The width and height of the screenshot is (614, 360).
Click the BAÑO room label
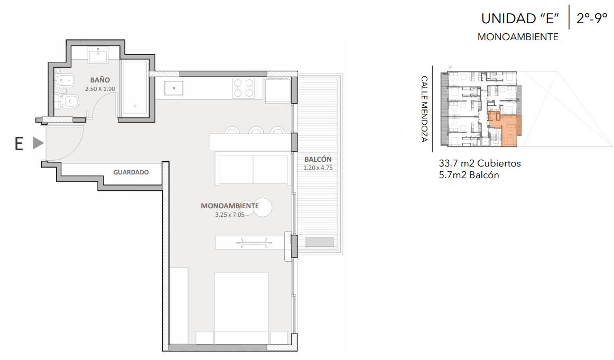[x=100, y=80]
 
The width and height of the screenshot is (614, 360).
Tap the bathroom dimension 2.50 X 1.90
[x=100, y=89]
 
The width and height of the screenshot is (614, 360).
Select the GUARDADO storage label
[x=131, y=172]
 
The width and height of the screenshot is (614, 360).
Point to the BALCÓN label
[x=318, y=159]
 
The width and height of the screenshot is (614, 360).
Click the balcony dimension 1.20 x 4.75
[x=318, y=168]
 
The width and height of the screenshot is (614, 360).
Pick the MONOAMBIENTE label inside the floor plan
[x=229, y=206]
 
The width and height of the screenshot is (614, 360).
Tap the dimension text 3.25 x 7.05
[x=229, y=215]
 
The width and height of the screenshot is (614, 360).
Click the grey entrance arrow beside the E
[x=38, y=143]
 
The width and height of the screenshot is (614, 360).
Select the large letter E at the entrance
[x=19, y=144]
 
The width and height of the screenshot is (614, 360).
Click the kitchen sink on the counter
[x=173, y=88]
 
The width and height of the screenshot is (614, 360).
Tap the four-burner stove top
[x=243, y=88]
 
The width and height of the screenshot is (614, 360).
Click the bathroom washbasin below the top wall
[x=98, y=55]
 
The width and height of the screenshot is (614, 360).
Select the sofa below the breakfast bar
[x=253, y=169]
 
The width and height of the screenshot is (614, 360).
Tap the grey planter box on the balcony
[x=319, y=242]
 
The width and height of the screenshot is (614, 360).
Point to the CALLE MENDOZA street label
[x=424, y=108]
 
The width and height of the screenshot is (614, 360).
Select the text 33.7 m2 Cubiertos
[x=480, y=163]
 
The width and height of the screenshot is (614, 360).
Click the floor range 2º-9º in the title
[x=591, y=18]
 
